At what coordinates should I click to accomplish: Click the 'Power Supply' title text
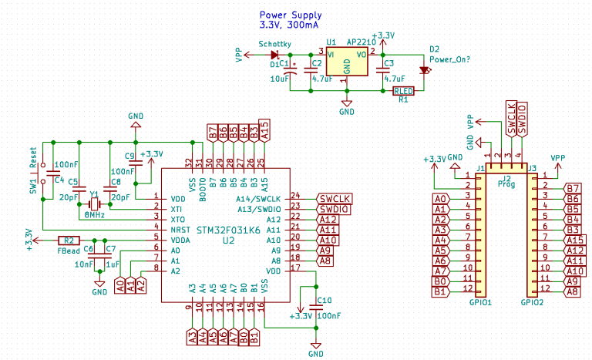291,15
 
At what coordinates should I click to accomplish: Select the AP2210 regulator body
346,61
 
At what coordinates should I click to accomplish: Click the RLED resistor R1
403,91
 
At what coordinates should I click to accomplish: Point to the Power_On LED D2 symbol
423,71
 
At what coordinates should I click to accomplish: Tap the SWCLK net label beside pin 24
334,197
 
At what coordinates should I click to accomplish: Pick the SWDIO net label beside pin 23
334,208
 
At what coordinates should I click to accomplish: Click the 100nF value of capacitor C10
329,315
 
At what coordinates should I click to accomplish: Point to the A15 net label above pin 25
264,131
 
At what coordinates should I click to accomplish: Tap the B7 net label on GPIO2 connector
572,188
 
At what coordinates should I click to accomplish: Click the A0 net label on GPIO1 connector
439,199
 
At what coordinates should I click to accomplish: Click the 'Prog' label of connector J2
506,184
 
